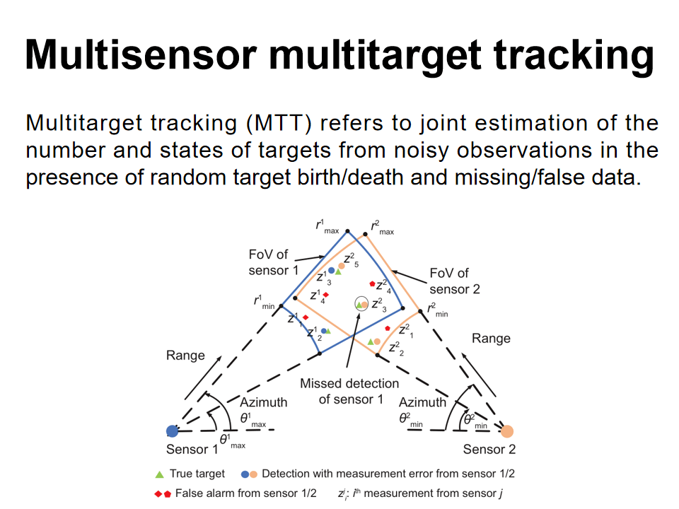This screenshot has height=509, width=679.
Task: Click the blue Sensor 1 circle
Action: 172,431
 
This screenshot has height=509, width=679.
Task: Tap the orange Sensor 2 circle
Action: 506,431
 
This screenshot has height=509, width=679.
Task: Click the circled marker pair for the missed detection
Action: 361,305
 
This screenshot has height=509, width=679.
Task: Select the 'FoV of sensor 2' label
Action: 455,281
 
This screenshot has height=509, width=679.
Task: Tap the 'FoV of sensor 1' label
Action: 269,263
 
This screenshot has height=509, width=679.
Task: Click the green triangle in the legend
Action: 160,474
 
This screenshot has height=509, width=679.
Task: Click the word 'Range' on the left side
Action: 185,356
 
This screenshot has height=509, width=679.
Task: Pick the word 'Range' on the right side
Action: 491,339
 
